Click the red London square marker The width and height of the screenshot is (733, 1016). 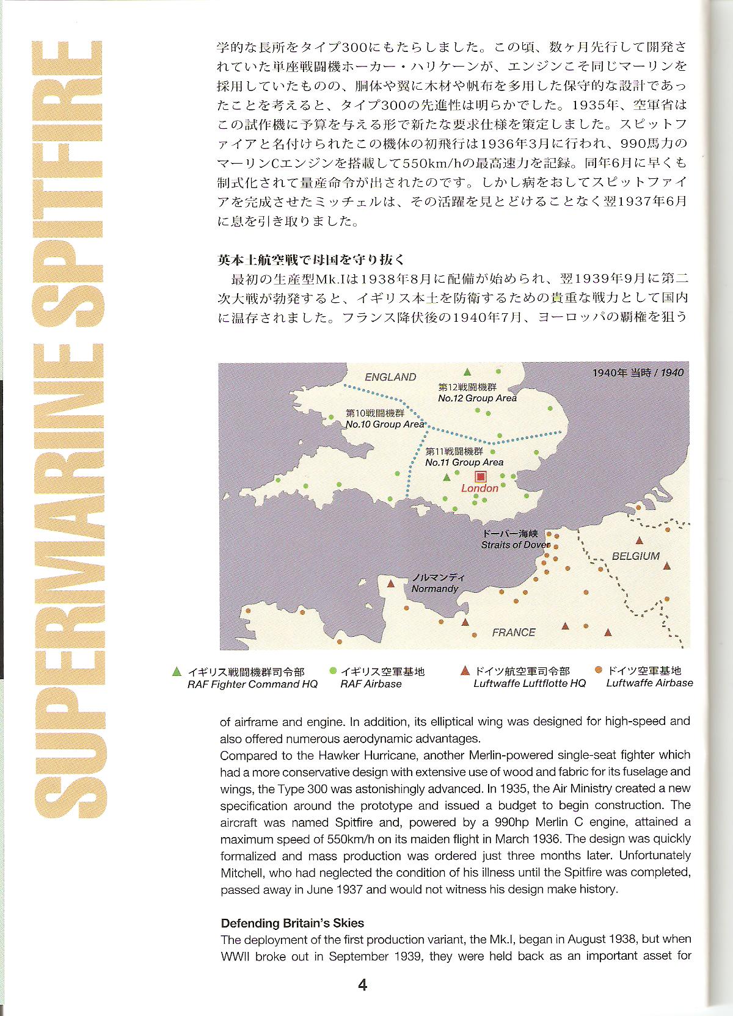coord(481,476)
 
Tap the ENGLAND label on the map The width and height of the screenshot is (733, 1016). coord(390,377)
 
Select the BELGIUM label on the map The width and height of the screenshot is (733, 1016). coord(635,556)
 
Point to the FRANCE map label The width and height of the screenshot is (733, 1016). coord(513,632)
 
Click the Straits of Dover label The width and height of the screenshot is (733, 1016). coord(514,545)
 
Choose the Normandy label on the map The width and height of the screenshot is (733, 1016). coord(434,589)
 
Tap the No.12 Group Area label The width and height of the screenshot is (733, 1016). coord(477,398)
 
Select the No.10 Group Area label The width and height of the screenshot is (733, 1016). coord(384,424)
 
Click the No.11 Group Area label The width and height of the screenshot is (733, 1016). coord(464,462)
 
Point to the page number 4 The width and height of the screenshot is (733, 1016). coord(362,984)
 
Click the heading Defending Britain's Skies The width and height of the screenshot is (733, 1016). coord(292,923)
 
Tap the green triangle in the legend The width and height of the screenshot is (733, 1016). coord(177,671)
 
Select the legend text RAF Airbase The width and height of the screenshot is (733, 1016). coord(371,684)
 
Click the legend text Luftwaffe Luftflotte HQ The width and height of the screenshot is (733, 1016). coord(529,683)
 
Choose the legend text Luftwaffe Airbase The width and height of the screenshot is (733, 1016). coord(649,683)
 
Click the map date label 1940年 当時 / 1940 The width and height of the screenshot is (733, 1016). coord(638,372)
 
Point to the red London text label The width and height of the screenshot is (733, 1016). coord(480,488)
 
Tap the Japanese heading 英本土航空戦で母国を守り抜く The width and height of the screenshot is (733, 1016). coord(311,259)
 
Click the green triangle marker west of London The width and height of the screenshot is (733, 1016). coord(447,477)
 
